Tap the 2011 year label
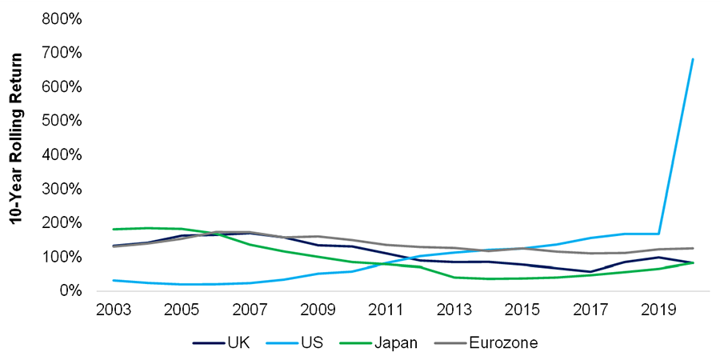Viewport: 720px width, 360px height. click(385, 309)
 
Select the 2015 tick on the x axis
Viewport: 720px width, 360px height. click(522, 309)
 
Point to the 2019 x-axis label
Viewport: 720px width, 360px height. click(658, 309)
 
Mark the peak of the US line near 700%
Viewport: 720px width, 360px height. click(693, 59)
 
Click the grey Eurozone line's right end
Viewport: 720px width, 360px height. click(693, 248)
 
